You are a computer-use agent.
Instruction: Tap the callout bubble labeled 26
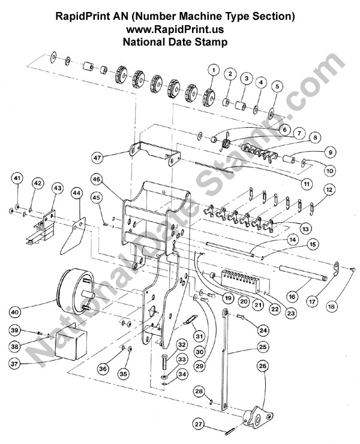pyautogui.click(x=262, y=365)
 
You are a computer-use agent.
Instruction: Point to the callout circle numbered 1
pyautogui.click(x=212, y=70)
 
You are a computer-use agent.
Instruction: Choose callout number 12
pyautogui.click(x=329, y=189)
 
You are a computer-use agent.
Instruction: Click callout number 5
pyautogui.click(x=277, y=86)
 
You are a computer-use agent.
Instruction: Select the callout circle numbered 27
pyautogui.click(x=199, y=424)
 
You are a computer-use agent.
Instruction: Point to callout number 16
pyautogui.click(x=293, y=296)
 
